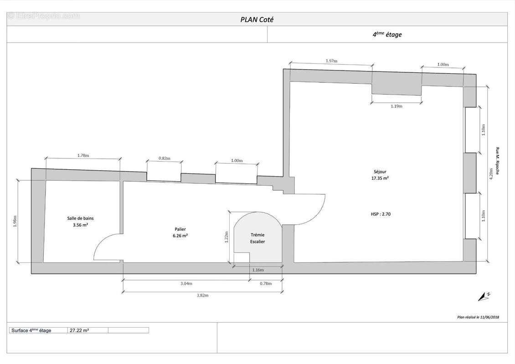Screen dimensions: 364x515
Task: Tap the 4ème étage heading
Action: point(387,34)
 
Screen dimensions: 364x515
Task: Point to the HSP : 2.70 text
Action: point(381,213)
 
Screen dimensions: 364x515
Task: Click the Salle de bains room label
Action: point(80,222)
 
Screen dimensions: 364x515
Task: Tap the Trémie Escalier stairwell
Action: point(257,238)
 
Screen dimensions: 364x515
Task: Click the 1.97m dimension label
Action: point(331,61)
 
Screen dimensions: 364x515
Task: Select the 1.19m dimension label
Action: point(397,106)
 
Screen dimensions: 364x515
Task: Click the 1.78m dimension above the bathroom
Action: point(83,156)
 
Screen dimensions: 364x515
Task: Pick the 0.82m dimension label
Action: point(164,158)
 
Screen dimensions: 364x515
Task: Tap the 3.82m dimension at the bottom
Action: point(202,295)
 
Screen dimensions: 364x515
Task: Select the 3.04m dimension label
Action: point(186,283)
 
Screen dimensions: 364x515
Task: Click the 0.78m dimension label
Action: point(266,283)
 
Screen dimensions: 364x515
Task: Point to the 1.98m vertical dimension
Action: point(15,221)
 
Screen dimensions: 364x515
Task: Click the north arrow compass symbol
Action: point(484,296)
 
